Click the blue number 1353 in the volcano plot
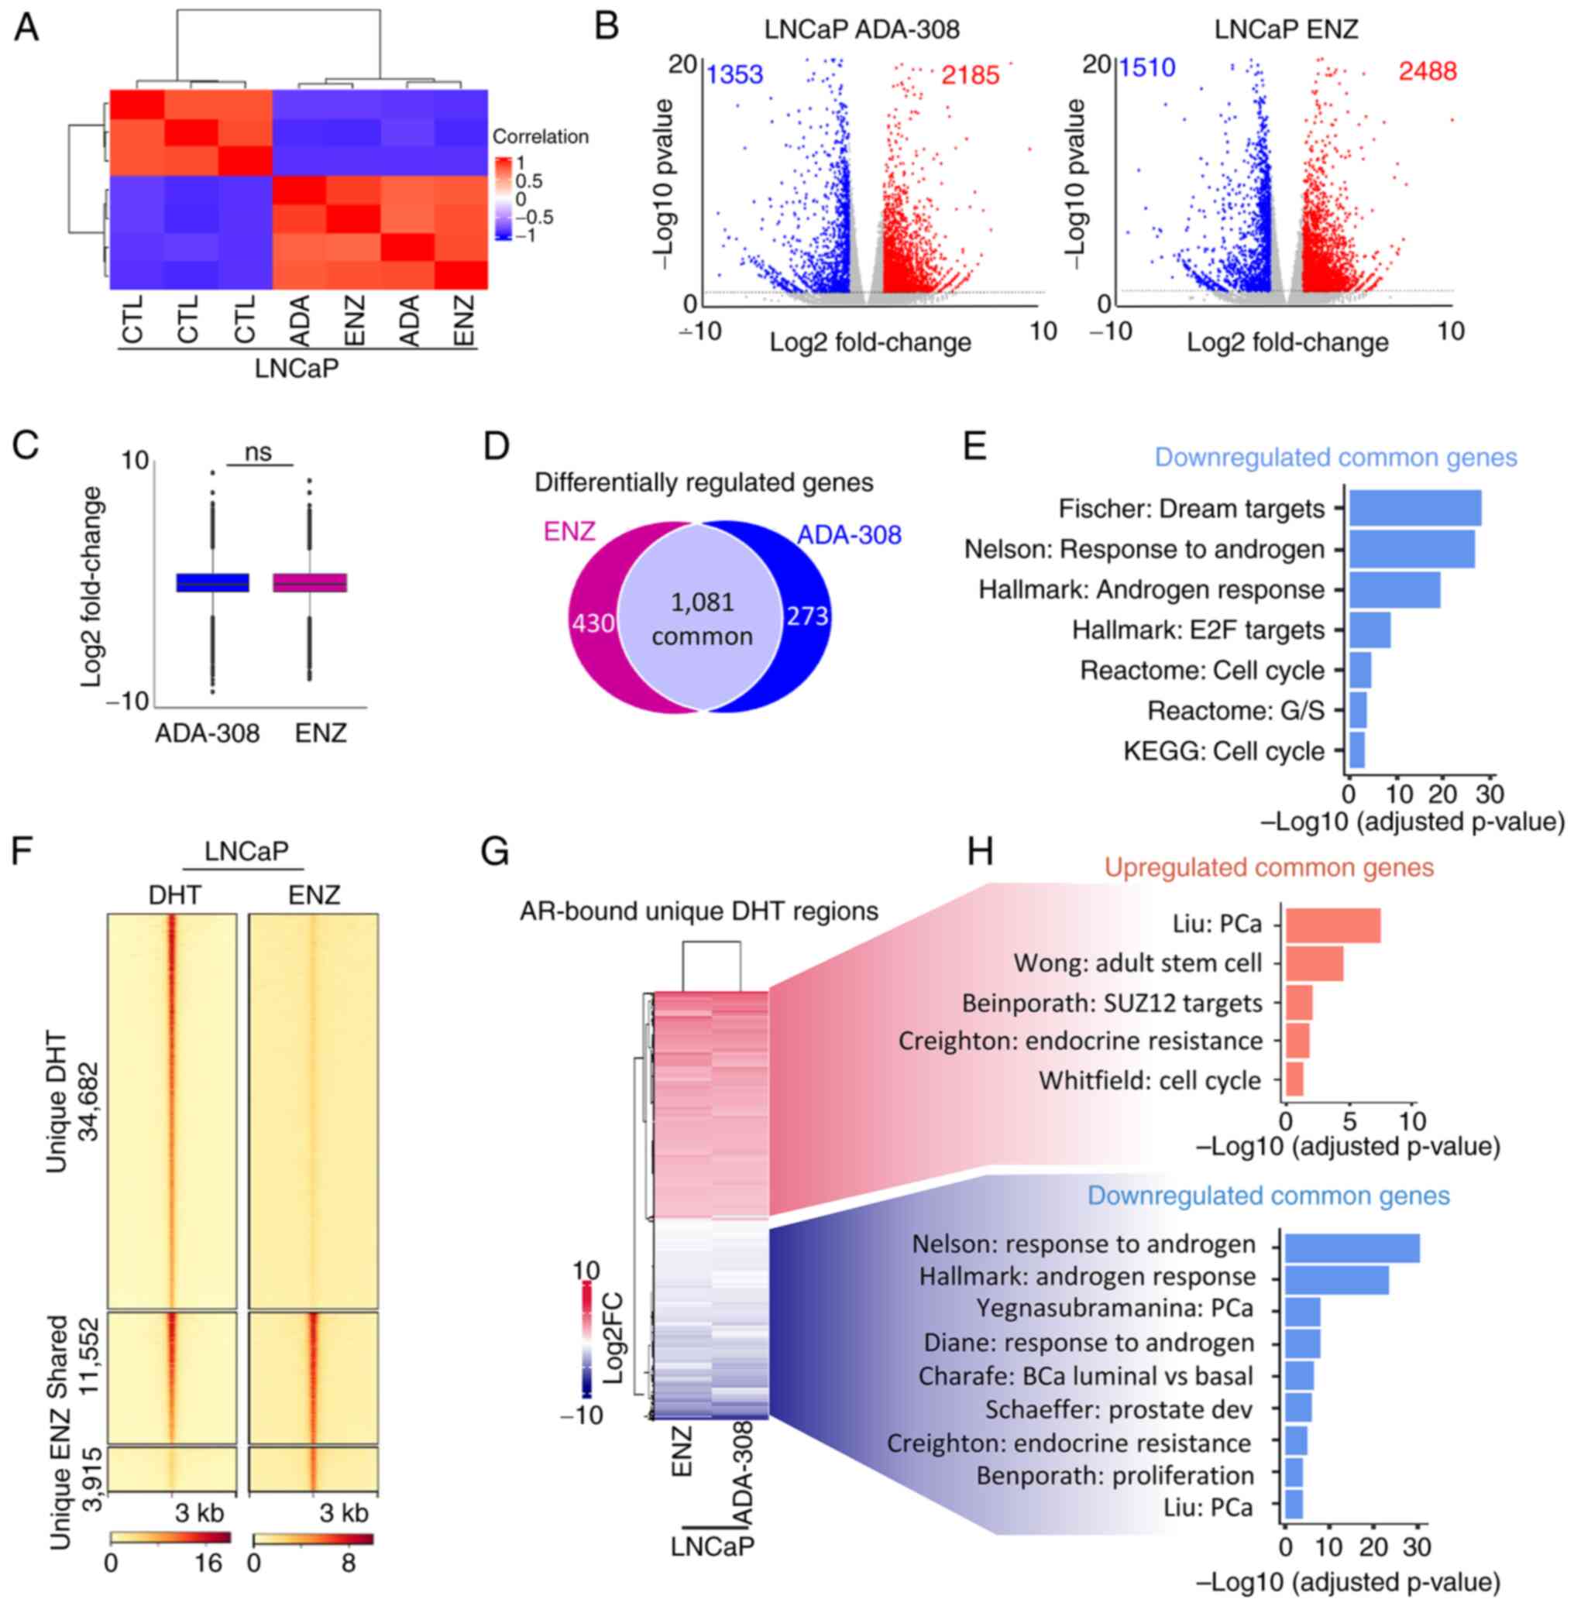[734, 75]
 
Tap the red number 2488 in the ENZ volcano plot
[1427, 72]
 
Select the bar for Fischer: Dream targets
[1414, 508]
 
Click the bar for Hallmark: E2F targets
[1369, 630]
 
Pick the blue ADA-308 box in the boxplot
[212, 583]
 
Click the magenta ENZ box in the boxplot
[310, 583]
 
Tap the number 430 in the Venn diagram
[593, 622]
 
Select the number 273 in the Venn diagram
[807, 616]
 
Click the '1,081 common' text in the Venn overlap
[702, 619]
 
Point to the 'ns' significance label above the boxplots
[259, 452]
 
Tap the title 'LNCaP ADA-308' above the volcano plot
[861, 29]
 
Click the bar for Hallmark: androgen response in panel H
[1336, 1277]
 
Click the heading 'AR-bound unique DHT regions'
[699, 911]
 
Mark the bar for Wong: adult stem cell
[1314, 963]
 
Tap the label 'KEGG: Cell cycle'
[1223, 751]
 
